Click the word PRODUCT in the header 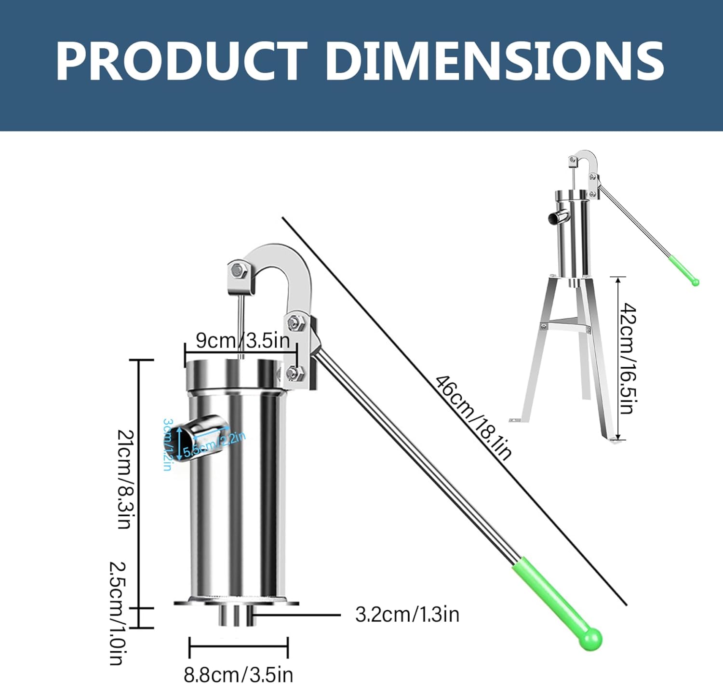181,61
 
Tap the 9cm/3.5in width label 243,341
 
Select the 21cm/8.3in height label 125,479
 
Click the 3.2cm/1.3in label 407,615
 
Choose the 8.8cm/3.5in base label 238,674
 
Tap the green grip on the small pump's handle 682,270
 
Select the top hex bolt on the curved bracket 239,270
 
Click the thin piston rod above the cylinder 241,328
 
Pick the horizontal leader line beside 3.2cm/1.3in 296,615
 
